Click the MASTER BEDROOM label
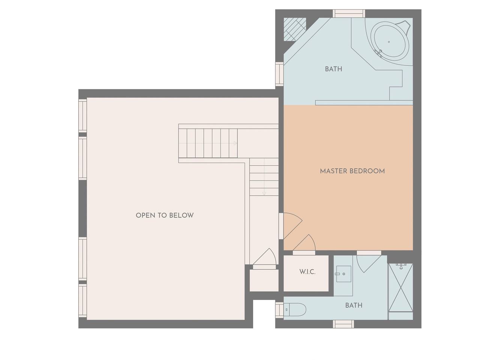(x=352, y=171)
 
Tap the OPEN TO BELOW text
(x=165, y=215)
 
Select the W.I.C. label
(x=307, y=272)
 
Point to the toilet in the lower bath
(x=295, y=309)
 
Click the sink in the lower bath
(x=344, y=274)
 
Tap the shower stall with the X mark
(x=401, y=288)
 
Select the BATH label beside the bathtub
(x=333, y=69)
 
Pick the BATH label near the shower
(x=354, y=305)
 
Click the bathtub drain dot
(x=389, y=42)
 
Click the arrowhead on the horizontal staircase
(x=235, y=143)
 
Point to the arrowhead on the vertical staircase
(x=264, y=193)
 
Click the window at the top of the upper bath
(x=349, y=13)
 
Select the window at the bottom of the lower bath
(x=344, y=324)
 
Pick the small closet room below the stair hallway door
(x=264, y=280)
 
